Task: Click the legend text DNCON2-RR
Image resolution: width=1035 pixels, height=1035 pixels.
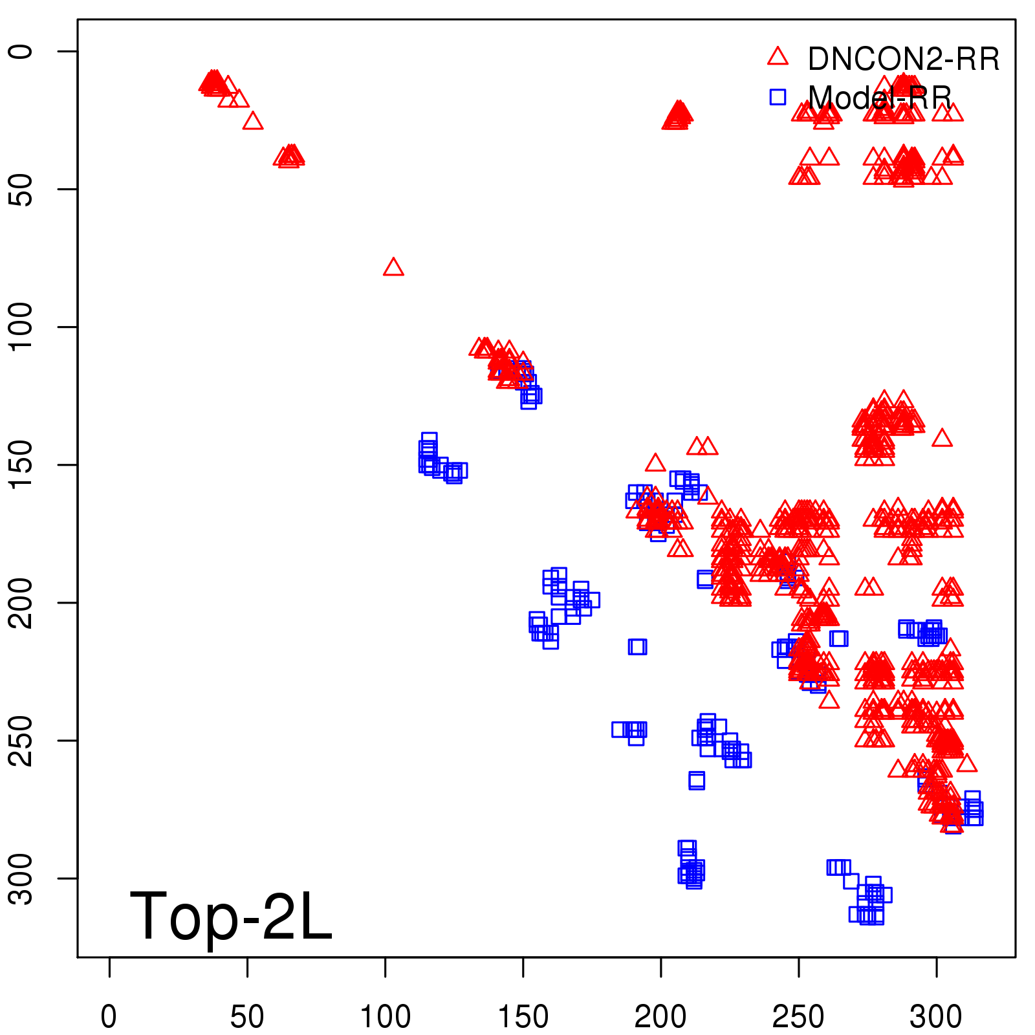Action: (904, 60)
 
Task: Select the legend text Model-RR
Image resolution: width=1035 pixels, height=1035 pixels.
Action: (880, 98)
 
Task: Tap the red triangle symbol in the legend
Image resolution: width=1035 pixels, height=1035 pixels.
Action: (778, 57)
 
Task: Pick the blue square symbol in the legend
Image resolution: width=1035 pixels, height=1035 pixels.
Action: (778, 97)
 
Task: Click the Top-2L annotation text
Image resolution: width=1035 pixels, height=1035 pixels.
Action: (231, 916)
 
